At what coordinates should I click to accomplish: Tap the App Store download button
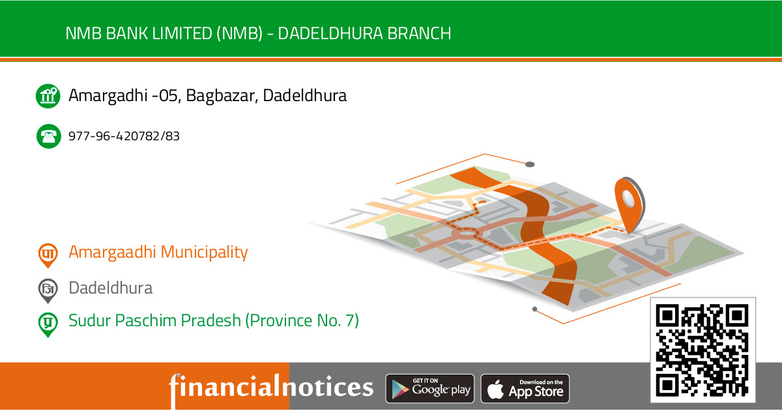pyautogui.click(x=525, y=389)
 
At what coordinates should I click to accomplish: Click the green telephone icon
pyautogui.click(x=48, y=136)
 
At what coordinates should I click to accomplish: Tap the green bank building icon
pyautogui.click(x=48, y=96)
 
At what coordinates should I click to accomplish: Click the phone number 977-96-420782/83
pyautogui.click(x=124, y=136)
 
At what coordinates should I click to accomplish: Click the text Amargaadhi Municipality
pyautogui.click(x=158, y=252)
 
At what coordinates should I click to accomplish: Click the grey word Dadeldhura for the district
pyautogui.click(x=111, y=288)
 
